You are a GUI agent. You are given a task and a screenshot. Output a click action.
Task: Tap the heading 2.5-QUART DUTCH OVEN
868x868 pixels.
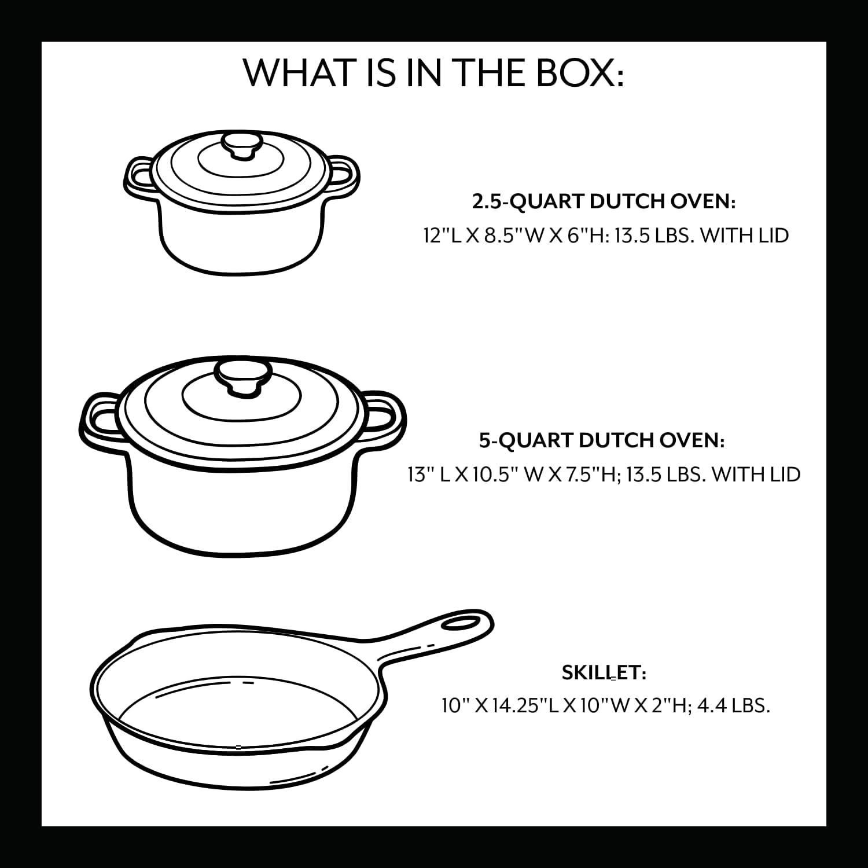pyautogui.click(x=604, y=201)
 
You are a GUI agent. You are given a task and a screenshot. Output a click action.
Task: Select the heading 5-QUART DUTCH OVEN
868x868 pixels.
pyautogui.click(x=602, y=440)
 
